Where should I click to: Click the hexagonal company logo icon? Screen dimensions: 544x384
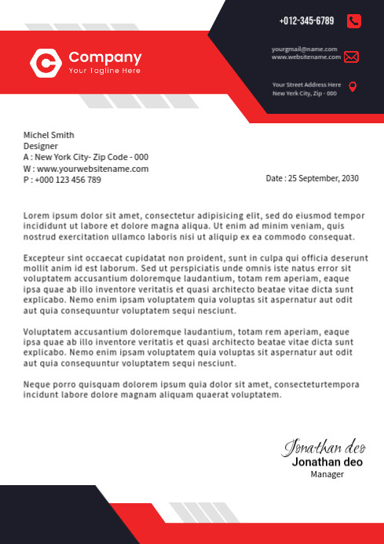click(46, 63)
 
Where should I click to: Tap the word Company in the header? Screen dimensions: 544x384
click(105, 57)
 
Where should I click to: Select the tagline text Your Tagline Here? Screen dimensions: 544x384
click(104, 71)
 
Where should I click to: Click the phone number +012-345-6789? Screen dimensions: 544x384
click(306, 21)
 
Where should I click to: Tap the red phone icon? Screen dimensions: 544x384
click(353, 21)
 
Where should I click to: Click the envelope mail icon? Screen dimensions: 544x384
click(351, 57)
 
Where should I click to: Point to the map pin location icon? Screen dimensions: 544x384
click(353, 86)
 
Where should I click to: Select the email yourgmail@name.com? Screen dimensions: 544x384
click(305, 49)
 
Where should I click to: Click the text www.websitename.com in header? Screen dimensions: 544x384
click(306, 57)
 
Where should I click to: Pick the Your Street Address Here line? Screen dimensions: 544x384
click(307, 84)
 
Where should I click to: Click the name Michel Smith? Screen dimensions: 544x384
click(49, 135)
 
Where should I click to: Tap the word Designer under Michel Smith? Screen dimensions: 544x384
click(41, 146)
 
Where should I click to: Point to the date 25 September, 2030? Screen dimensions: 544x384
click(323, 178)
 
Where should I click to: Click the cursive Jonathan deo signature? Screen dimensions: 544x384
click(324, 447)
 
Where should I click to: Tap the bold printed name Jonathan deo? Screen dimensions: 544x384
click(327, 462)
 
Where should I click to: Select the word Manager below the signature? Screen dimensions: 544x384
click(327, 474)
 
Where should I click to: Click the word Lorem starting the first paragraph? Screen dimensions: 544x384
click(36, 215)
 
